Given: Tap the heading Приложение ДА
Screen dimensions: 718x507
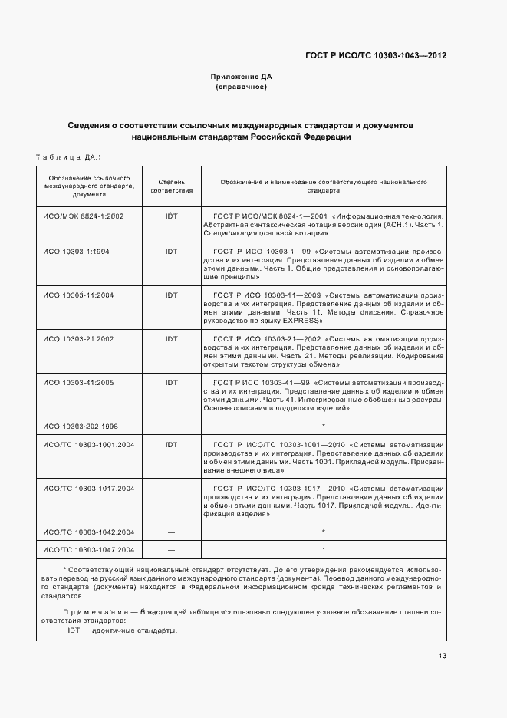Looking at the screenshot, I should tap(242, 77).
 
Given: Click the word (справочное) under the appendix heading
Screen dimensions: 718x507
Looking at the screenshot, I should tap(242, 87).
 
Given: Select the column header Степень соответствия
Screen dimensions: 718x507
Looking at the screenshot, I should tap(171, 186).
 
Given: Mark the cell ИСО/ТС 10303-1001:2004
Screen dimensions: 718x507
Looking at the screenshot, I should tap(89, 444).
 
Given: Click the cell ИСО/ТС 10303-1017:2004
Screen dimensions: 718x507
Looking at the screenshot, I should tap(89, 488).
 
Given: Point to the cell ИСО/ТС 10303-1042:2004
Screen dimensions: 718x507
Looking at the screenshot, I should tap(89, 531).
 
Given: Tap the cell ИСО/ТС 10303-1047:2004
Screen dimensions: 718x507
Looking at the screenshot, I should tap(89, 549).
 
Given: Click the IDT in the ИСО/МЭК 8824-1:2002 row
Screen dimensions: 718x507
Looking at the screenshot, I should tap(171, 216).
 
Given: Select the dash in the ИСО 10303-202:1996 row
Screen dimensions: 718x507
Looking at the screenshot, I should tap(171, 425).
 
